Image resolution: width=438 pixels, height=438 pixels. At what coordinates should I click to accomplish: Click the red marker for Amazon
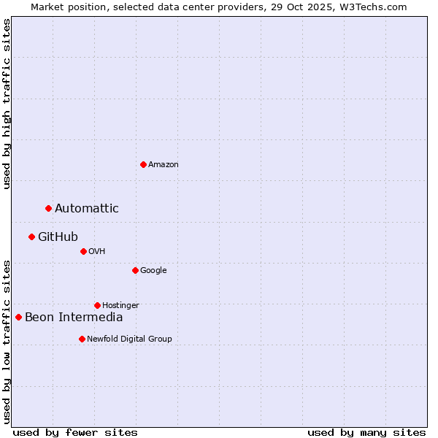pos(143,164)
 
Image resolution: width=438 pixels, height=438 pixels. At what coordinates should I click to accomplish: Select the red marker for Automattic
pos(49,209)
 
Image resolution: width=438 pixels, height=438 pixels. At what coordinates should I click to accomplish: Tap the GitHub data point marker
pos(32,237)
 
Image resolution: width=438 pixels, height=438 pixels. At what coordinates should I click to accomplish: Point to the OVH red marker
pos(83,251)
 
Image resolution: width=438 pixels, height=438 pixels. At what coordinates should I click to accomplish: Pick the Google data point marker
pos(135,270)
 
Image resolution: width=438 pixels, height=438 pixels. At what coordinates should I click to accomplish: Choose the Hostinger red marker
pos(97,305)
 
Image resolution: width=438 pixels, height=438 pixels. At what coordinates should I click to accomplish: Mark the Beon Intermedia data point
pos(19,317)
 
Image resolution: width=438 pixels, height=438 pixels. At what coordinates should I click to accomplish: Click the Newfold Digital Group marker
pos(82,339)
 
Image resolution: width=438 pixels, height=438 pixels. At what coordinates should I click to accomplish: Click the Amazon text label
pos(164,164)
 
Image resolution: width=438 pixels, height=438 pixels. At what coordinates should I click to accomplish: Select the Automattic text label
pos(87,209)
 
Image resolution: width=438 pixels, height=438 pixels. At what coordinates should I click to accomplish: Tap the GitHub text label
pos(58,237)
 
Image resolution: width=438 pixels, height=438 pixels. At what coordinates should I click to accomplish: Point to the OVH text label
pos(97,251)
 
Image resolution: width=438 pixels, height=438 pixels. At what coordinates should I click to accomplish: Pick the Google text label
pos(153,270)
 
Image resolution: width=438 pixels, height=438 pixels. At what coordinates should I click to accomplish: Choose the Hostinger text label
pos(120,305)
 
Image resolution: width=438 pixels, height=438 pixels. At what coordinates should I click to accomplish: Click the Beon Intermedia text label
pos(74,317)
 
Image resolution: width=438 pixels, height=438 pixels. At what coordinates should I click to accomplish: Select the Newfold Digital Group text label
pos(129,339)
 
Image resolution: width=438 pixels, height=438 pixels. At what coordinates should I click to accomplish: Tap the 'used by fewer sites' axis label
pos(75,432)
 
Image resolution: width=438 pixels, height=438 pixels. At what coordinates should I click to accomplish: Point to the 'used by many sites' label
pos(366,432)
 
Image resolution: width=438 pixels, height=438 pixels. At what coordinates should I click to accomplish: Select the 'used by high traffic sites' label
pos(7,104)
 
